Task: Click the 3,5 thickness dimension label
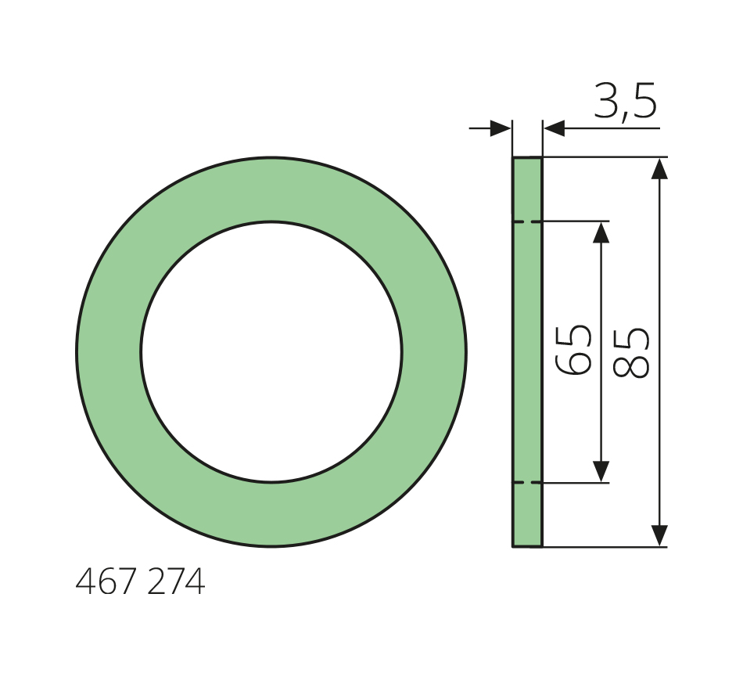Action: click(625, 101)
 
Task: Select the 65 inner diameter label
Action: click(573, 350)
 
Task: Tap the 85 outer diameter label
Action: click(631, 353)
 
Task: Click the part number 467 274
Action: click(140, 581)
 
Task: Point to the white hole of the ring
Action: click(271, 352)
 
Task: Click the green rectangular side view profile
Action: click(527, 352)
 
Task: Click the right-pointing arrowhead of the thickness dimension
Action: click(501, 128)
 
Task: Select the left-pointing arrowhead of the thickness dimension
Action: click(555, 128)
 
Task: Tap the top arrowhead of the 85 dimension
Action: click(659, 169)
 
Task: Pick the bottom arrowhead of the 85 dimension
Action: click(659, 535)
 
